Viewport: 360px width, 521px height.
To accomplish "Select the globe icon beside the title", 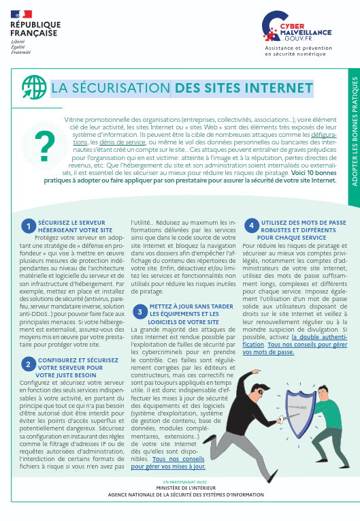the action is (x=35, y=88).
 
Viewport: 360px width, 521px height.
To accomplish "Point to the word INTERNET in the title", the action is (x=279, y=88).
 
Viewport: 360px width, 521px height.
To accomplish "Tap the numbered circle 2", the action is (x=28, y=364).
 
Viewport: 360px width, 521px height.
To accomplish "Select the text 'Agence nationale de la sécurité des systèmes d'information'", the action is (x=180, y=513).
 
